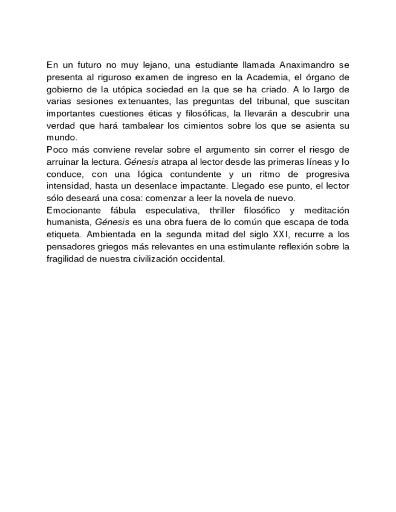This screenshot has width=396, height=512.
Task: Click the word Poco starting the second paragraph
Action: coord(57,149)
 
